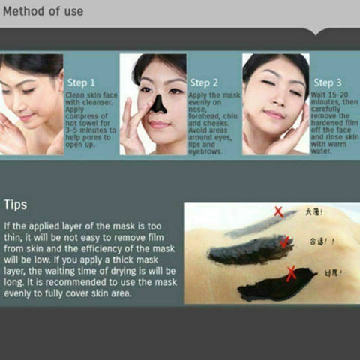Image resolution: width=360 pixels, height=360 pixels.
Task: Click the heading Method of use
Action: coord(43,12)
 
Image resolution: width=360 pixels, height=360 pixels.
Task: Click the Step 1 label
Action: coord(81,82)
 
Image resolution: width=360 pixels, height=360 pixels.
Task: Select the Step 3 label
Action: coord(328,82)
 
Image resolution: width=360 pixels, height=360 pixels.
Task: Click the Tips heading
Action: coord(16,204)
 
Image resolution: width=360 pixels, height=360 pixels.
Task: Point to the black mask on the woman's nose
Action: coord(157,104)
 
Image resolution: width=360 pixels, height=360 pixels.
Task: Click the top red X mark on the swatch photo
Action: coord(278,212)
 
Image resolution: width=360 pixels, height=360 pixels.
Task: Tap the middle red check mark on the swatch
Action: coord(283,241)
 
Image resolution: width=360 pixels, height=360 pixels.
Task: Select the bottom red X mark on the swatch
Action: coord(291,273)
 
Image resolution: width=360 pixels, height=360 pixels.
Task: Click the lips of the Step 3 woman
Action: coord(274,115)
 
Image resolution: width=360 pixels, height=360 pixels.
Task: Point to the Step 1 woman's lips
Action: coord(27,118)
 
